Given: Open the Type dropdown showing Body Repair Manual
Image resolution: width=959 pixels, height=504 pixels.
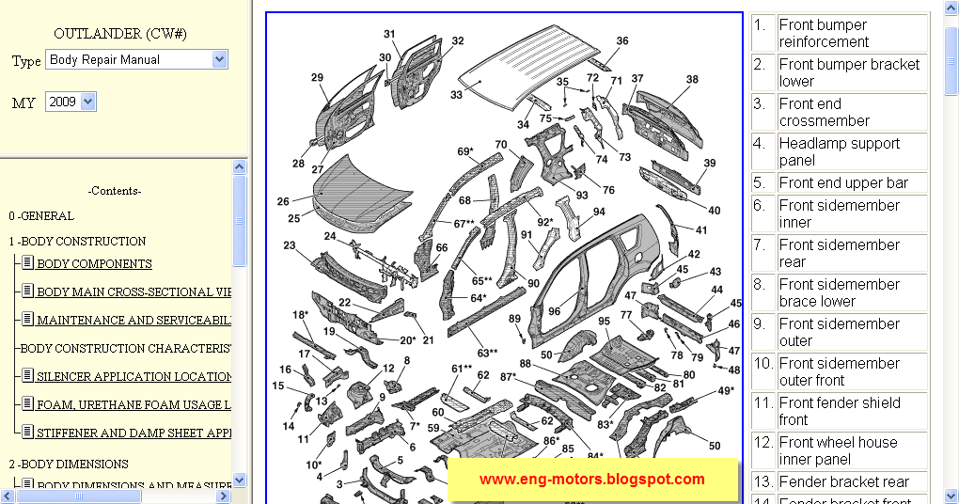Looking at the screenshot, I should [x=137, y=59].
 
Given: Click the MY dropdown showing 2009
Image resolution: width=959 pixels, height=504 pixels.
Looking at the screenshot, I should [x=71, y=102].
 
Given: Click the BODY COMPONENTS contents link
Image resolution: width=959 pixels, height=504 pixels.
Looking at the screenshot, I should [x=94, y=264].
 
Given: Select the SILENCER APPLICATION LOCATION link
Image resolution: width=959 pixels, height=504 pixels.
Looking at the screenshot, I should [x=134, y=377].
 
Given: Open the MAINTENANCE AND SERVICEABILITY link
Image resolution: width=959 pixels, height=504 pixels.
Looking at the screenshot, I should [x=134, y=321].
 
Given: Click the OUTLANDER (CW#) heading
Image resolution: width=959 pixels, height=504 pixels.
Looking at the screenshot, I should [x=120, y=34].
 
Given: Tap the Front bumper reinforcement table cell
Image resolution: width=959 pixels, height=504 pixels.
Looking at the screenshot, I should [x=852, y=34].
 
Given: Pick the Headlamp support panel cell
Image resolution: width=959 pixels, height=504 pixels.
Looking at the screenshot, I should [x=852, y=152].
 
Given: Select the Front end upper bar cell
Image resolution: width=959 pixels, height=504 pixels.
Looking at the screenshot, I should [x=852, y=183].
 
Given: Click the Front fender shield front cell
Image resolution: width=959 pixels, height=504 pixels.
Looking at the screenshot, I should [x=852, y=412].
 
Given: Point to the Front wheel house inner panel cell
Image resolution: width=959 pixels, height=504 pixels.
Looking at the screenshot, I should [x=852, y=451].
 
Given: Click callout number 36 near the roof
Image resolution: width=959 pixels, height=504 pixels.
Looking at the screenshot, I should [x=622, y=41].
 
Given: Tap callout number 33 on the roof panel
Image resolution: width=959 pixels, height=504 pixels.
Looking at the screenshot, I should [x=456, y=95].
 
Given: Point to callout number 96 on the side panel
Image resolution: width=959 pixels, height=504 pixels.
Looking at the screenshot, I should [x=555, y=311].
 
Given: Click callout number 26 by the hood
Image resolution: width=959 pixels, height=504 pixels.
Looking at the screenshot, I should [x=283, y=201].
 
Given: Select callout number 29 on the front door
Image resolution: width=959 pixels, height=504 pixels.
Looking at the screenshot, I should [x=317, y=78].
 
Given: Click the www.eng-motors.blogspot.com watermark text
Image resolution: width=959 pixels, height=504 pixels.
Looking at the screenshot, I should [x=591, y=480].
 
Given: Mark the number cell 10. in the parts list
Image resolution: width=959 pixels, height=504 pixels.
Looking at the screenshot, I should [x=762, y=372].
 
